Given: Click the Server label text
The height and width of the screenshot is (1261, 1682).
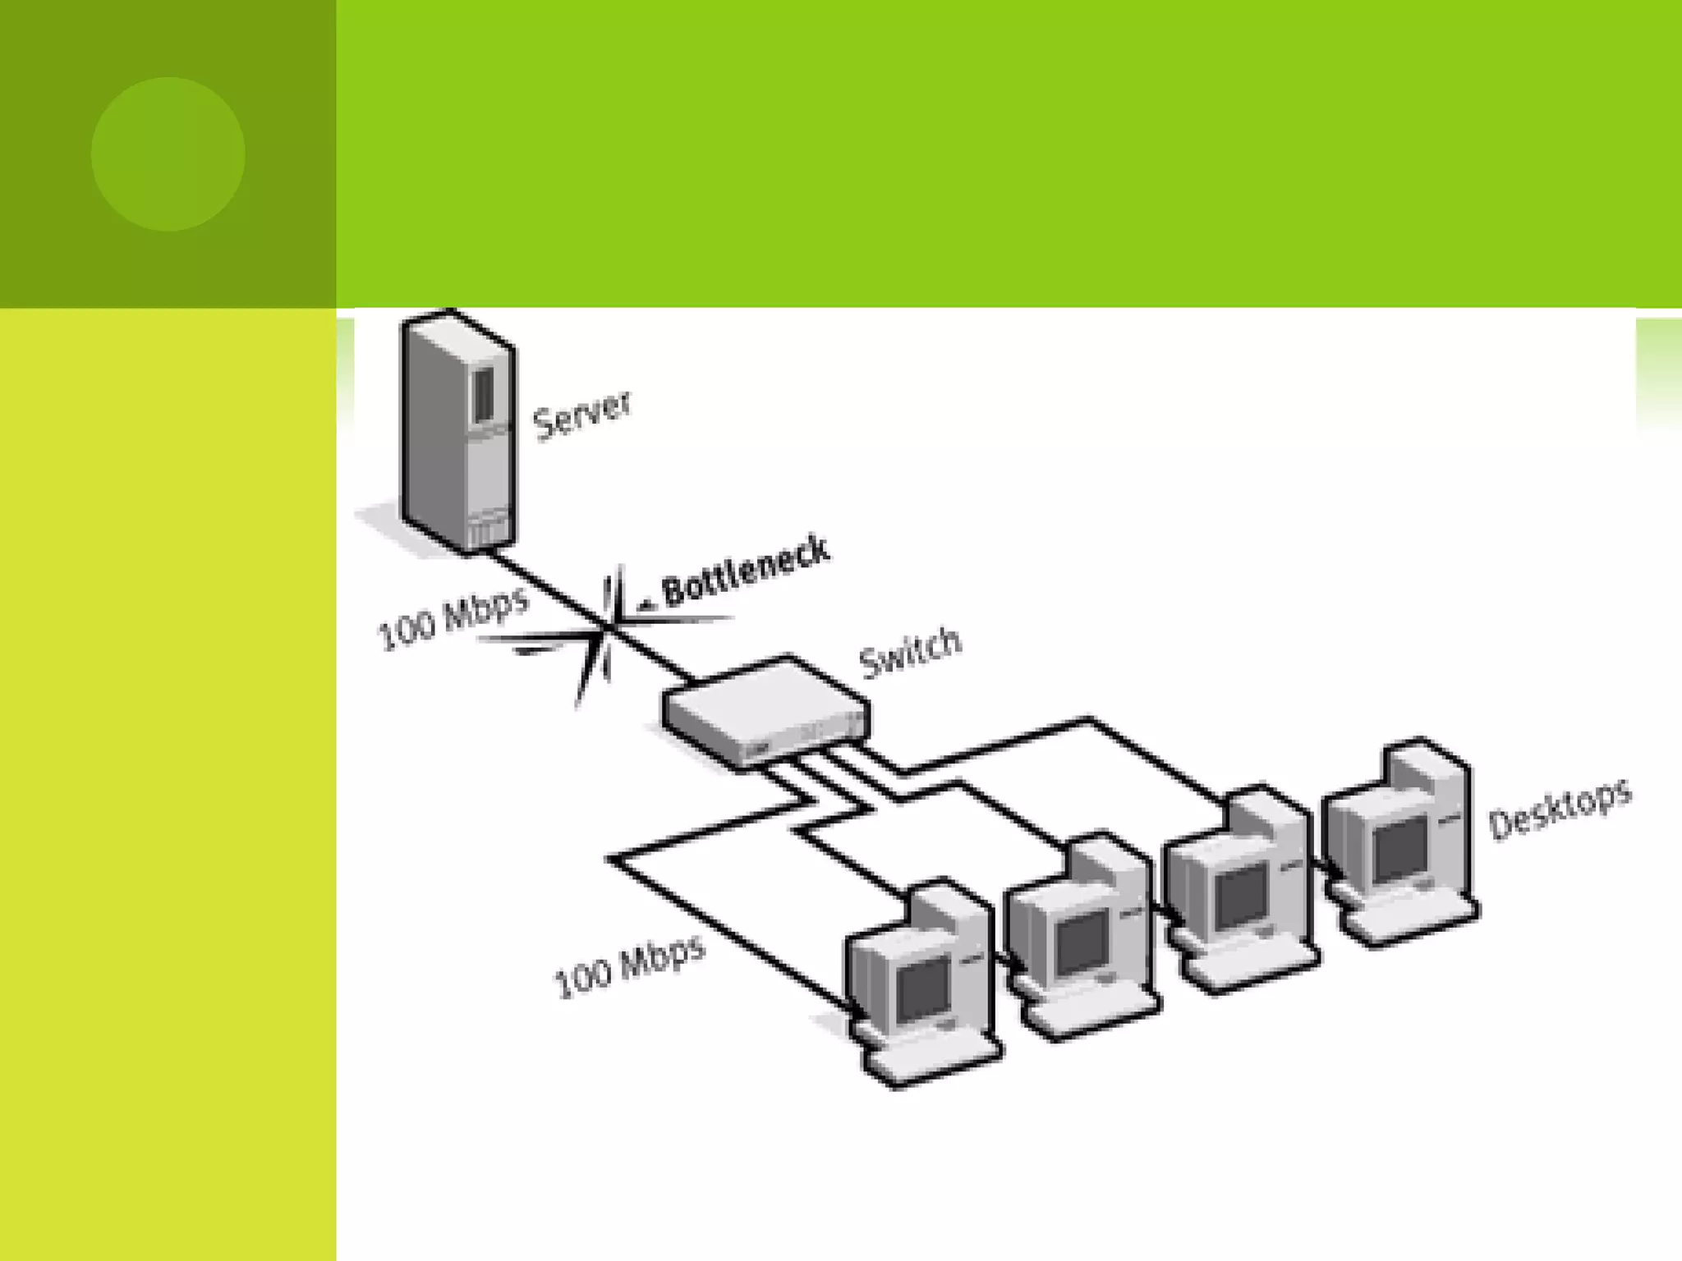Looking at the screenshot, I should tap(581, 416).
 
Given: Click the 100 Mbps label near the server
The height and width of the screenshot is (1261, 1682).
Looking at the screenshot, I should tap(453, 617).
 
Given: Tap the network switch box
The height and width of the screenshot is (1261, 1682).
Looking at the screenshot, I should tap(765, 711).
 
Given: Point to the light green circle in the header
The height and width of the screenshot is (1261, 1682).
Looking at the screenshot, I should tap(168, 154).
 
